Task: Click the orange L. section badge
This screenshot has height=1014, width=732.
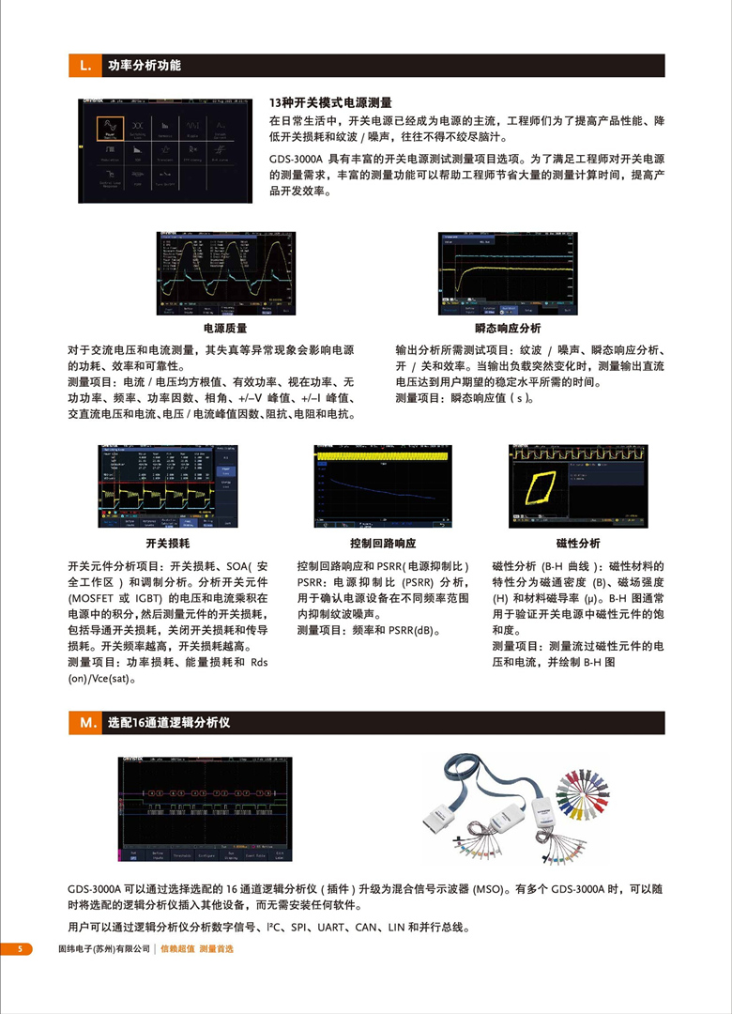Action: pyautogui.click(x=84, y=66)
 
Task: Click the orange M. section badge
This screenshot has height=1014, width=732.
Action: pyautogui.click(x=84, y=723)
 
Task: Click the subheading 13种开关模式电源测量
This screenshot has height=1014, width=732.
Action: pyautogui.click(x=329, y=102)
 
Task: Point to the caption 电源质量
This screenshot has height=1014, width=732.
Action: pyautogui.click(x=225, y=329)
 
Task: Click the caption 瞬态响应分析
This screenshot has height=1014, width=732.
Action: pyautogui.click(x=508, y=329)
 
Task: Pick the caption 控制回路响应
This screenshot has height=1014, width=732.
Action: pyautogui.click(x=375, y=544)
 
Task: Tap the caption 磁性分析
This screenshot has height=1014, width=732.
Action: pyautogui.click(x=578, y=544)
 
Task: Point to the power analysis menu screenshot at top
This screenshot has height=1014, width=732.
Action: pyautogui.click(x=165, y=150)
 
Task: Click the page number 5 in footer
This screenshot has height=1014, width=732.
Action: pyautogui.click(x=18, y=949)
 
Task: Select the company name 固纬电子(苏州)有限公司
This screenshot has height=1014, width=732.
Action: pyautogui.click(x=104, y=949)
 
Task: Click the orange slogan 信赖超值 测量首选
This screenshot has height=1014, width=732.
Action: pyautogui.click(x=196, y=949)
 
